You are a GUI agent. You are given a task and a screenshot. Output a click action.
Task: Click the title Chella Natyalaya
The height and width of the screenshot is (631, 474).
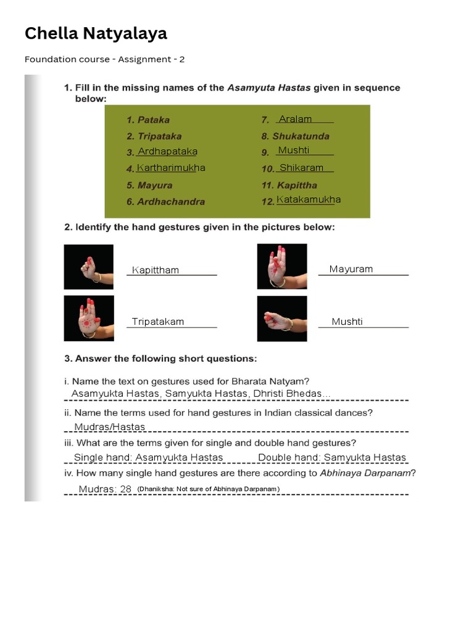coord(96,33)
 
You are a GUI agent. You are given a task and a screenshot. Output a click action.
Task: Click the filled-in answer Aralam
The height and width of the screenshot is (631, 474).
coord(295,119)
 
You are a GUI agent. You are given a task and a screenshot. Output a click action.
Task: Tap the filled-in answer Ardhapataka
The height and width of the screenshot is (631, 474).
coord(167,151)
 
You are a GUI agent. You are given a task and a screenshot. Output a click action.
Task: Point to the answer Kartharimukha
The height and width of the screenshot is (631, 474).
coord(171,168)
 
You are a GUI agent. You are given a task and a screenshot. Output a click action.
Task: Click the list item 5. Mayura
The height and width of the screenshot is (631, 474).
coord(149,185)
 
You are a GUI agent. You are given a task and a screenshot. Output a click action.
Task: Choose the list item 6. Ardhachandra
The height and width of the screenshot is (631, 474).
coord(165,202)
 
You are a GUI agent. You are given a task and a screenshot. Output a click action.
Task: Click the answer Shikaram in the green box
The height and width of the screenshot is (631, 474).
coord(301,168)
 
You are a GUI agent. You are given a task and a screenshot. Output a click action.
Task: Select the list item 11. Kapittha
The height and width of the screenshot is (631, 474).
coord(289,185)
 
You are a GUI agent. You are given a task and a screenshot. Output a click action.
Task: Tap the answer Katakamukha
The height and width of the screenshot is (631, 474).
coord(309,199)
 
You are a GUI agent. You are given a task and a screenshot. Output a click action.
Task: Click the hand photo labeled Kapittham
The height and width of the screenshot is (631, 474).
coord(89,267)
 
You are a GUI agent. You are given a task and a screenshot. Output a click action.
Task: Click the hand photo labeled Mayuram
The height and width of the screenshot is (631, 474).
coord(282,266)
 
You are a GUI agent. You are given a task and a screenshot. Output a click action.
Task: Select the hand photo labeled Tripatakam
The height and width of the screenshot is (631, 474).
coord(89,318)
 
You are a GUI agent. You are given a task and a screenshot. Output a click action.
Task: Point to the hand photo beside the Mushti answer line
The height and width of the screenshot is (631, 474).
coord(282,319)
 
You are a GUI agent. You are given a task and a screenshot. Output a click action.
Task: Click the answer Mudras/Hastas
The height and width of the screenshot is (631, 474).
coord(109,427)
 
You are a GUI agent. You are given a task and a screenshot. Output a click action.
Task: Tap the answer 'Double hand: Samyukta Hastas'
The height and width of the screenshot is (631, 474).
coord(332,457)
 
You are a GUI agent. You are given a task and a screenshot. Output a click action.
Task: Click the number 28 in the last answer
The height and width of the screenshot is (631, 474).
coord(126,489)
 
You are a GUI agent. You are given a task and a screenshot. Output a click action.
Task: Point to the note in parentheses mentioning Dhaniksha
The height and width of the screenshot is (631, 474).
coord(208,489)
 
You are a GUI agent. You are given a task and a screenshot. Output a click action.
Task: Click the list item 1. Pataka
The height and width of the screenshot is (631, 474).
coord(148,120)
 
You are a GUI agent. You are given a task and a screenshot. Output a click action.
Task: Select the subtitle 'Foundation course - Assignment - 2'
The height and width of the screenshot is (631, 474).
coord(104,59)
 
